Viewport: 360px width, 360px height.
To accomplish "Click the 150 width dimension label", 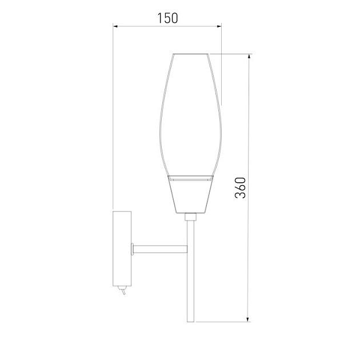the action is click(x=167, y=18).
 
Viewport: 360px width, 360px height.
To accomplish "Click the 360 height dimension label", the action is click(x=240, y=187).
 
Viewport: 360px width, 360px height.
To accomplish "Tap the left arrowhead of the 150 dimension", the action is click(x=115, y=26).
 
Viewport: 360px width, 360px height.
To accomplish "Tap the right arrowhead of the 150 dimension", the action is click(x=219, y=26).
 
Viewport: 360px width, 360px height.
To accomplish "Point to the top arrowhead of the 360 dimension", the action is click(x=249, y=57).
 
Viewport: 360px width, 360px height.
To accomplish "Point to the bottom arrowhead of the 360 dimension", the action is click(x=248, y=319).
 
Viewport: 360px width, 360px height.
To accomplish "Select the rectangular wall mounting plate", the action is click(x=122, y=249).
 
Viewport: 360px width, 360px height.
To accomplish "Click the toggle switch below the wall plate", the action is click(x=122, y=290).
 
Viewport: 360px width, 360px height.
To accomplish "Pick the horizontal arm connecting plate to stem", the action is click(x=160, y=249).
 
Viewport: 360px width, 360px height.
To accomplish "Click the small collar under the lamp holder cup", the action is click(x=190, y=217).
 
